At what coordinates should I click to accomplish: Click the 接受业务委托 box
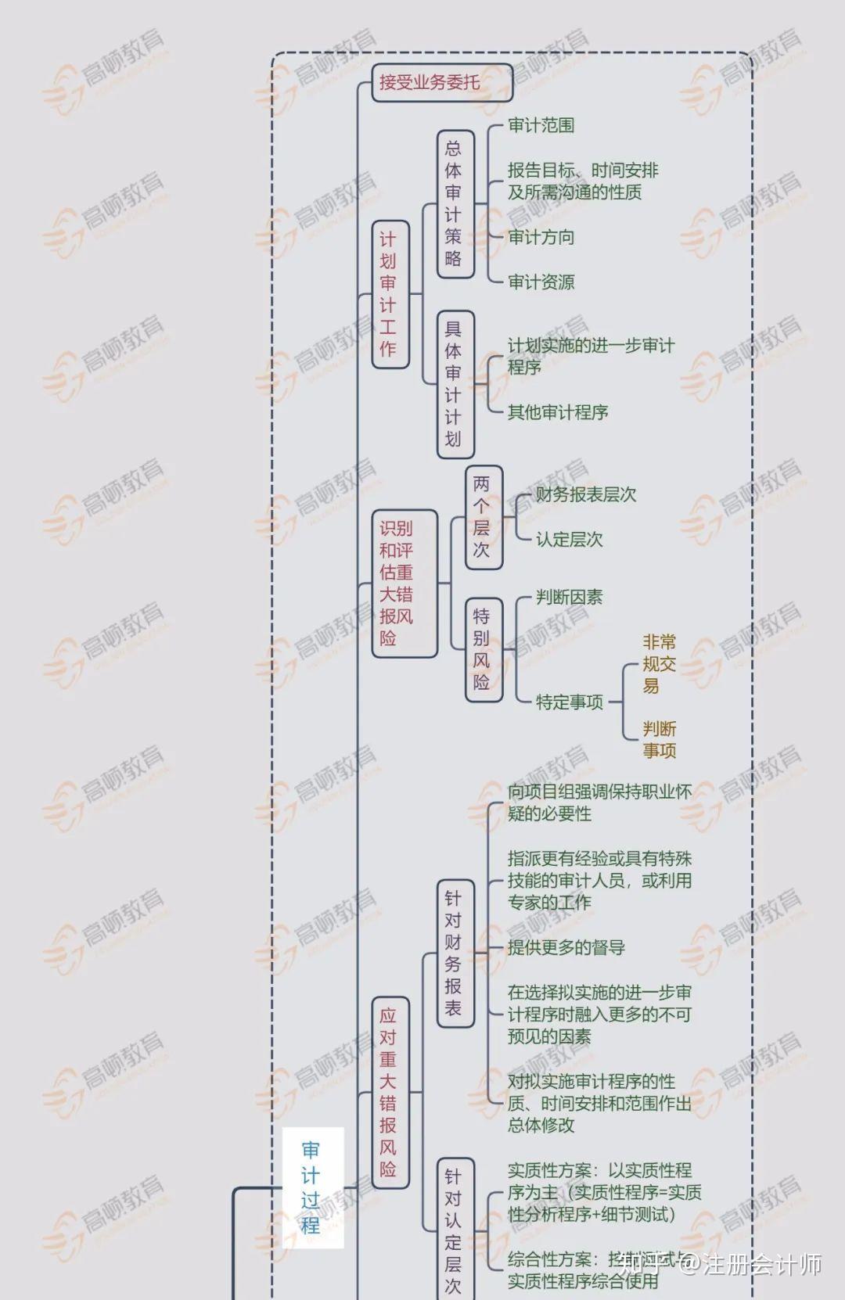441,82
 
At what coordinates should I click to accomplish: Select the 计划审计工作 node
389,294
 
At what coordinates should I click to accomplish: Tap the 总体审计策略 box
455,203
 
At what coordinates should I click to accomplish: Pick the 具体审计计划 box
455,384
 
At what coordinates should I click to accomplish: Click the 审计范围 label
541,125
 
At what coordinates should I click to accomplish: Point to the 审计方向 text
541,237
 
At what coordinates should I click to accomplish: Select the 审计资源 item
541,282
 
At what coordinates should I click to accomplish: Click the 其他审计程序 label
557,412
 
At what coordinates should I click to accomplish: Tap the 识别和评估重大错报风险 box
403,584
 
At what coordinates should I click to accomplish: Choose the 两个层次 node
483,517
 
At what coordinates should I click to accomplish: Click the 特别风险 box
483,649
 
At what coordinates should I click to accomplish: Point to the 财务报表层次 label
585,494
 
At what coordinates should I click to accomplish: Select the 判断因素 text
569,598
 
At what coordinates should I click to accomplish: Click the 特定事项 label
569,702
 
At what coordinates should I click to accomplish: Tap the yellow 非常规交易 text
659,664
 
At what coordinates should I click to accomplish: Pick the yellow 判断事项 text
659,740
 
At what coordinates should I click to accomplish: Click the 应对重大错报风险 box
389,1092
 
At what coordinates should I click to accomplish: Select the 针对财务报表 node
455,952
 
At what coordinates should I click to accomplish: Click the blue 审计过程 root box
311,1187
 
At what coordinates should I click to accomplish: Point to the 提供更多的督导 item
566,948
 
